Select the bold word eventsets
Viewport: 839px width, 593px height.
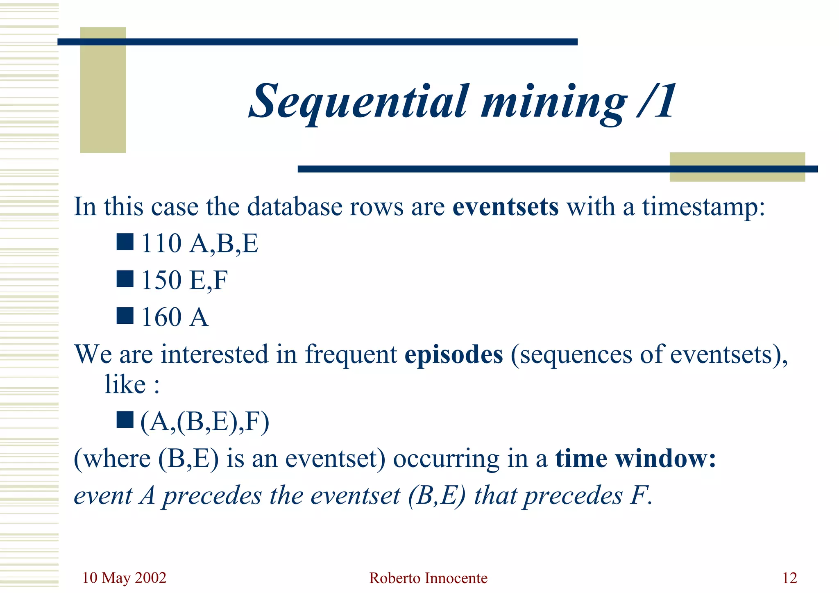pyautogui.click(x=505, y=207)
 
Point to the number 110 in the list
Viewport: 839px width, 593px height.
pyautogui.click(x=161, y=243)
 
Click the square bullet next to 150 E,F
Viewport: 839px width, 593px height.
pyautogui.click(x=125, y=279)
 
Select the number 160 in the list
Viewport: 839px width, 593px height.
pyautogui.click(x=161, y=317)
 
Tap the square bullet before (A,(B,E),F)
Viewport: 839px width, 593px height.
pyautogui.click(x=125, y=420)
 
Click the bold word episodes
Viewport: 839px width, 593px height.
pyautogui.click(x=454, y=354)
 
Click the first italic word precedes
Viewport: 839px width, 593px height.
pyautogui.click(x=212, y=496)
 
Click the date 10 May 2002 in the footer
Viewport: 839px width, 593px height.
pyautogui.click(x=124, y=578)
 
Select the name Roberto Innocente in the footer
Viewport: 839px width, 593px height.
pyautogui.click(x=428, y=578)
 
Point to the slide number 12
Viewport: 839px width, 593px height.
pyautogui.click(x=789, y=578)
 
